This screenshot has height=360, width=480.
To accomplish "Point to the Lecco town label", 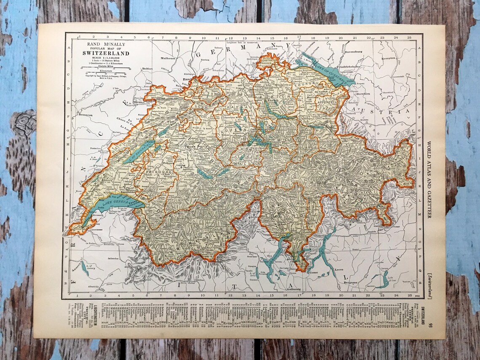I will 340,268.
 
